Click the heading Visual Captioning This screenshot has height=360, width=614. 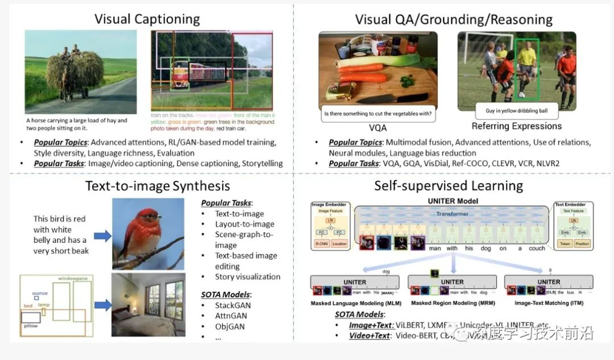[x=147, y=19]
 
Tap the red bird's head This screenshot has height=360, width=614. [x=150, y=216]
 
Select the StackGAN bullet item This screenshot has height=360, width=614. [x=233, y=305]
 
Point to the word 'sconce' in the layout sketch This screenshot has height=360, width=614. [x=40, y=293]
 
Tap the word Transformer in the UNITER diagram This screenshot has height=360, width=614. [x=452, y=214]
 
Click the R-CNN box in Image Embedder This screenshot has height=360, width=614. [x=322, y=243]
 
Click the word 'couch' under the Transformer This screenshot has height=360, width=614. [x=537, y=248]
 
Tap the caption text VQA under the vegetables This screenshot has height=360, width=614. [x=377, y=128]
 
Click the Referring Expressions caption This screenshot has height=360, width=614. [x=516, y=126]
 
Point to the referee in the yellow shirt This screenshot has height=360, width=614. [x=526, y=63]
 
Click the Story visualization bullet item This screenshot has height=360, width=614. [x=247, y=277]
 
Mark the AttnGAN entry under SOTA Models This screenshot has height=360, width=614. [x=232, y=316]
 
